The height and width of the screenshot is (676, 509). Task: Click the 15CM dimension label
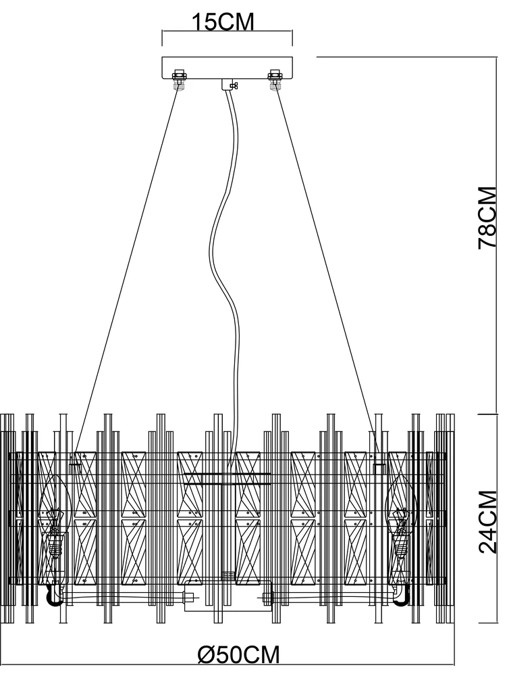[223, 22]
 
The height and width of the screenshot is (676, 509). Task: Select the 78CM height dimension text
[488, 218]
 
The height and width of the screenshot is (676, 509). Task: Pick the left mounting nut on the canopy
[180, 80]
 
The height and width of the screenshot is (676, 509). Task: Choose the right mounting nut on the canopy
[275, 80]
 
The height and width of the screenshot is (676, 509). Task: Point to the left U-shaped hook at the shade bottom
[53, 596]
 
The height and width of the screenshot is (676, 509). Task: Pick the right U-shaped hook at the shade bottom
[402, 596]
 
